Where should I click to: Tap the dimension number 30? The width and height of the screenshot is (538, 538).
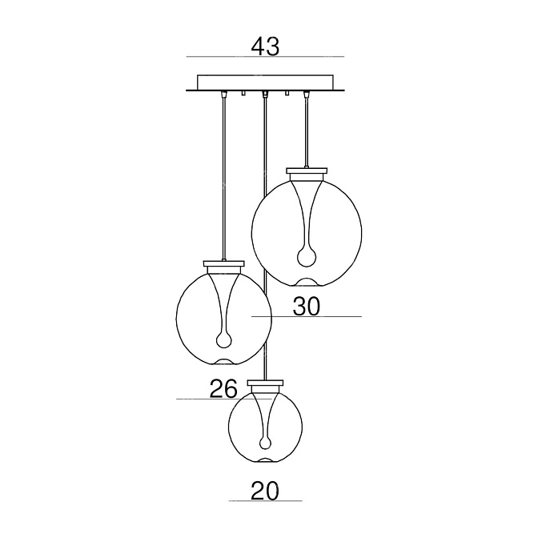tap(306, 307)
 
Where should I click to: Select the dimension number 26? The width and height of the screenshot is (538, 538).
tap(223, 389)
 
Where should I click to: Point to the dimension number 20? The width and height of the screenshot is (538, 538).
tap(265, 491)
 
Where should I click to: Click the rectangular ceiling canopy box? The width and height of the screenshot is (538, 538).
tap(265, 82)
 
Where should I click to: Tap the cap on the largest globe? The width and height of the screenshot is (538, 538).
tap(307, 171)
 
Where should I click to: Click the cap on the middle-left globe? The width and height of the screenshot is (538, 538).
tap(224, 264)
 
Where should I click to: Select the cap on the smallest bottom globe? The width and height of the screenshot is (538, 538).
tap(265, 383)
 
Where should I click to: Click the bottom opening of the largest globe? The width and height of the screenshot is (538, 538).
tap(307, 282)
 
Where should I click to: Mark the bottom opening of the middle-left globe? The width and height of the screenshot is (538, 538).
tap(223, 362)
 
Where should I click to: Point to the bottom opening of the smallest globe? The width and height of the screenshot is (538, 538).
tap(265, 460)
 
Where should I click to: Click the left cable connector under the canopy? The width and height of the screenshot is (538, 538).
tap(223, 94)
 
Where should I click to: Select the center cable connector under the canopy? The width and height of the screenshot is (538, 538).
tap(264, 94)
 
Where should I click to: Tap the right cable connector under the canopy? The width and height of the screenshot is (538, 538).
tap(306, 94)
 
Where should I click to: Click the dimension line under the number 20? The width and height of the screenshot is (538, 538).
tap(265, 501)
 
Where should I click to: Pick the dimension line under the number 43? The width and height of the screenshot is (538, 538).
tap(265, 56)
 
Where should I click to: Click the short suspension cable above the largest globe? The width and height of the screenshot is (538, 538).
tap(306, 132)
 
